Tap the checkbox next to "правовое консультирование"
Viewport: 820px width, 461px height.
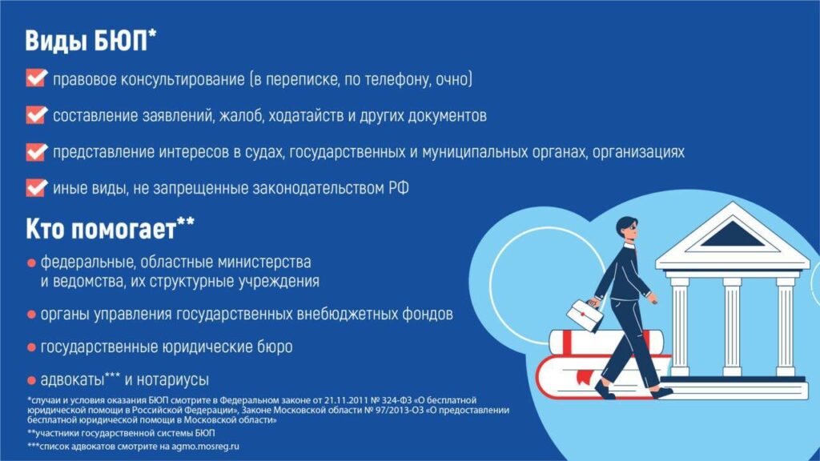coord(36,78)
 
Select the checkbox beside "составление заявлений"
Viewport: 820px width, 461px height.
coord(36,114)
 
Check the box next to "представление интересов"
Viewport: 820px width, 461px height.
coord(36,151)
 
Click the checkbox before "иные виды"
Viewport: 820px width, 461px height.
coord(36,187)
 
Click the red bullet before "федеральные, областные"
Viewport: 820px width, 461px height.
coord(31,263)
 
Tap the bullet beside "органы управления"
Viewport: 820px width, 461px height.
coord(31,315)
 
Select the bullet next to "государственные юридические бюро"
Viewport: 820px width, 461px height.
coord(31,347)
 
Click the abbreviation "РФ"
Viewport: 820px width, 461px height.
coord(399,188)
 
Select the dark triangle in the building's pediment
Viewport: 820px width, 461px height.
coord(732,235)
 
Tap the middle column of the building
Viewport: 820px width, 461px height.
coord(732,327)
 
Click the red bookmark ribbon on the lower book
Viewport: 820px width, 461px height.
coord(583,375)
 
